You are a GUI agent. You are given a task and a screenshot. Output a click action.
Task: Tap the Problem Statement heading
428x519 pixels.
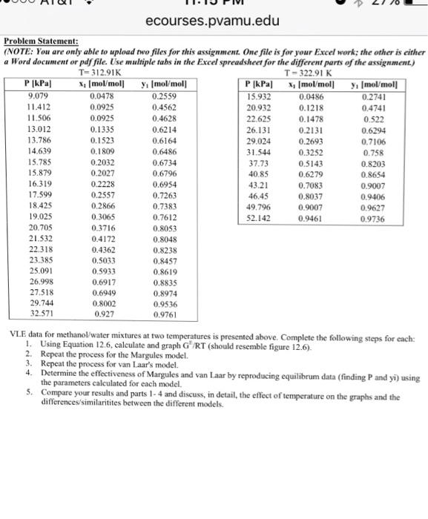pos(46,43)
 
